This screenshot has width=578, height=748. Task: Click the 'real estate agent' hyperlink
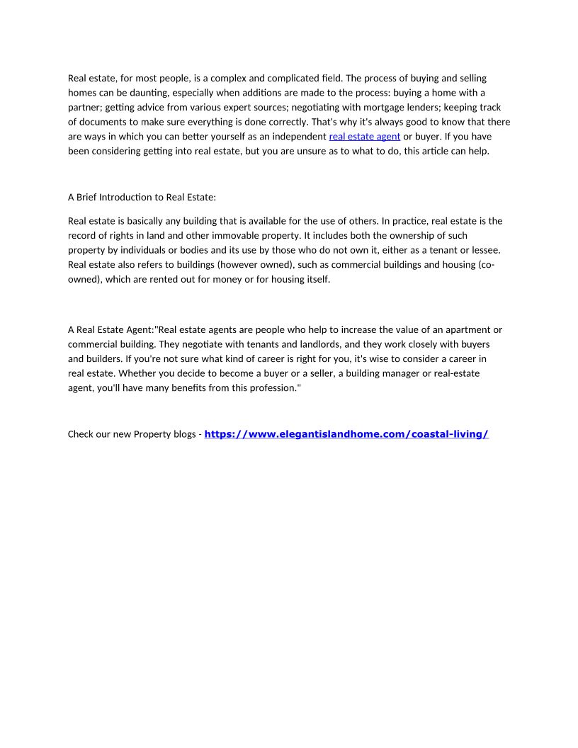pyautogui.click(x=365, y=137)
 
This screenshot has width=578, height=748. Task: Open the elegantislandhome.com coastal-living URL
pyautogui.click(x=346, y=434)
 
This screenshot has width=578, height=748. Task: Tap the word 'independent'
pyautogui.click(x=299, y=137)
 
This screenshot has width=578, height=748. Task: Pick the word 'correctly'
pyautogui.click(x=279, y=122)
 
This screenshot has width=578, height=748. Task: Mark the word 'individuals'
pyautogui.click(x=162, y=250)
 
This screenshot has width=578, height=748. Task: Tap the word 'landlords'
pyautogui.click(x=289, y=344)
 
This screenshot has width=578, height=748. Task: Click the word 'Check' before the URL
pyautogui.click(x=82, y=434)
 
